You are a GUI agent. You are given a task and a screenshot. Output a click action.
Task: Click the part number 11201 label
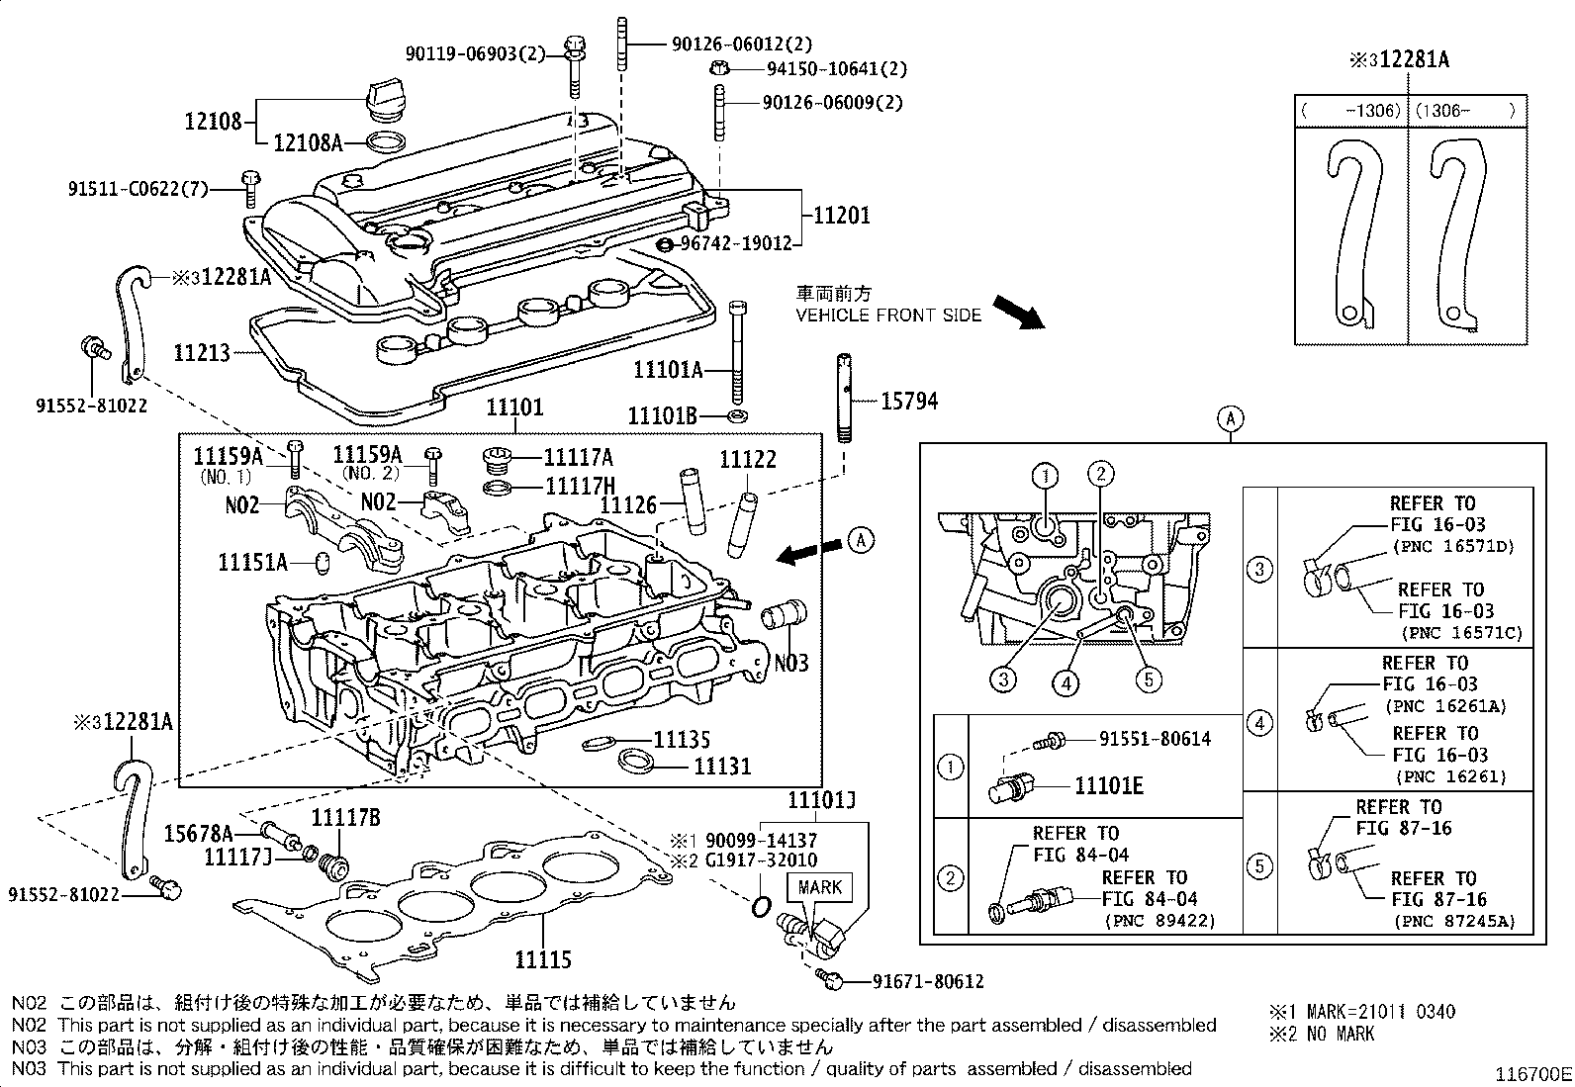841,215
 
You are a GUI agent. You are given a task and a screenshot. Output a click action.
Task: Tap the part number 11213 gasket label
203,352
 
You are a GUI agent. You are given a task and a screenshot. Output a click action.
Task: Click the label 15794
908,402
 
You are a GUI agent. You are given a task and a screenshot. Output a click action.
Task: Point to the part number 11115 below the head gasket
543,959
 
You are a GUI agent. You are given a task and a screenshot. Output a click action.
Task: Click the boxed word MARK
819,886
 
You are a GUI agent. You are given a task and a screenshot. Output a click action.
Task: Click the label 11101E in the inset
1109,786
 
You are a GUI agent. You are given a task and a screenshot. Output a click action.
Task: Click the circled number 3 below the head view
1003,679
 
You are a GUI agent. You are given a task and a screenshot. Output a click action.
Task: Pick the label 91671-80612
928,981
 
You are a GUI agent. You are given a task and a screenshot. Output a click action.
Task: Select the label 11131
721,766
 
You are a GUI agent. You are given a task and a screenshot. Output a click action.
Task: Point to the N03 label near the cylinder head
790,663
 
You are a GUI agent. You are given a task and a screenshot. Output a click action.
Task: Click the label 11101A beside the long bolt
668,370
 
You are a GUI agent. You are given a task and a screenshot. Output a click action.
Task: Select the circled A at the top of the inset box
1230,418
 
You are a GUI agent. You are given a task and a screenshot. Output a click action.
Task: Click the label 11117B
346,817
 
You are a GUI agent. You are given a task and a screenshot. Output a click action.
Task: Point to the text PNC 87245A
1453,922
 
